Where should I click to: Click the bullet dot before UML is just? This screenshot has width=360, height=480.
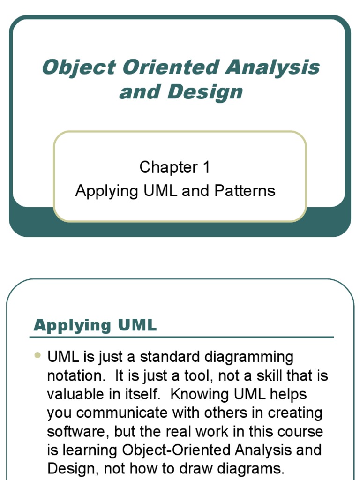point(38,356)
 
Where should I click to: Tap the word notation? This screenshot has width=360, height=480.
point(76,376)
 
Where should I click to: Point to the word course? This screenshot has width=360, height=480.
point(299,431)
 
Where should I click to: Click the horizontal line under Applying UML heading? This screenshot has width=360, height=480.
point(181,337)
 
